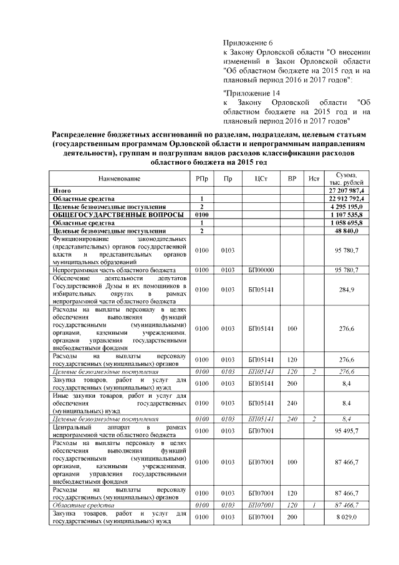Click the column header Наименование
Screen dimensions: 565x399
[x=119, y=179]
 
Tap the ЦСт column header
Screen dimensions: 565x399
[x=261, y=179]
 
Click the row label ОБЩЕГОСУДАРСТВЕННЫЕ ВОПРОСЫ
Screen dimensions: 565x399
[x=108, y=214]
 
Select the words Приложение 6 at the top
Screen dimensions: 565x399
[x=246, y=42]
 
